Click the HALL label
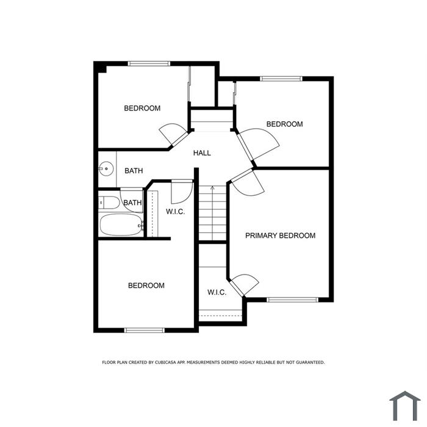[202, 153]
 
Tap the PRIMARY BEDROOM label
[280, 235]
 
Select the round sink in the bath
[106, 169]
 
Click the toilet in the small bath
[109, 203]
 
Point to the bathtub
[121, 224]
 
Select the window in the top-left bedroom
[149, 63]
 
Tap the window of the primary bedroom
[292, 300]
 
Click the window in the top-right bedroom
[281, 79]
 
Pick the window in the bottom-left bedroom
[145, 331]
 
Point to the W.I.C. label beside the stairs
[176, 212]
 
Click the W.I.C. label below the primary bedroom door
[217, 292]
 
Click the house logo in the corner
[405, 406]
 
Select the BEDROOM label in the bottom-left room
[146, 285]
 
